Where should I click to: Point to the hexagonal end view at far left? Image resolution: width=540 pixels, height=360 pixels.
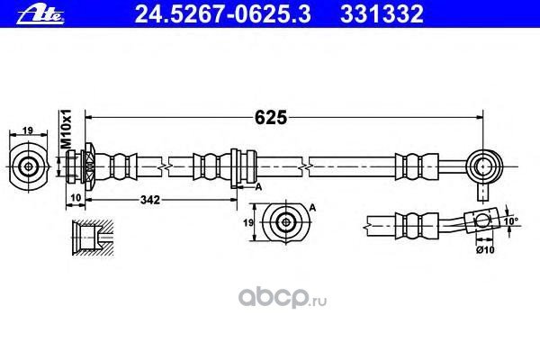tap(29, 166)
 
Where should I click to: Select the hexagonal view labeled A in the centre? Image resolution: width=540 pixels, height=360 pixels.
tap(287, 221)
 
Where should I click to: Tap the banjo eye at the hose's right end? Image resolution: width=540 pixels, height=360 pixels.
tap(487, 166)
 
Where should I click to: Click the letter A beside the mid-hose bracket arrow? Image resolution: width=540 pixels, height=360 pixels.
tap(258, 186)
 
